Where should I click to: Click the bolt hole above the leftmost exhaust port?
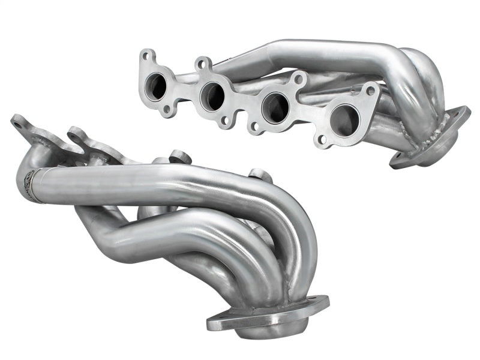point(145,58)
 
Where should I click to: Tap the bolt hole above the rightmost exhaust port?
point(371,91)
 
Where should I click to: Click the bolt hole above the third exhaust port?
point(299,79)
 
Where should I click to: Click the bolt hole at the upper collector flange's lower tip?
point(398,160)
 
